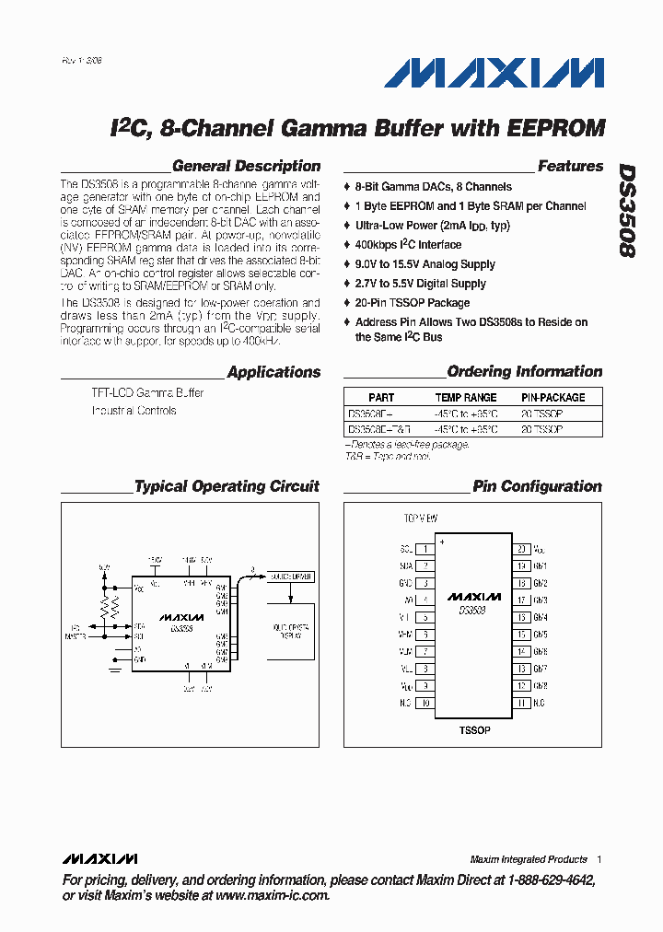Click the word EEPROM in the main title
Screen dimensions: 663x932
coord(555,127)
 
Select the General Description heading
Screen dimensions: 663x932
coord(246,167)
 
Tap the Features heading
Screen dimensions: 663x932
coord(570,167)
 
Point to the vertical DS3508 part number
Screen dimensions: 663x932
coord(626,211)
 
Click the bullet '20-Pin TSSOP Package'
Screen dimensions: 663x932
coord(413,303)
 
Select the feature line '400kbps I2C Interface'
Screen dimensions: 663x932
coord(408,245)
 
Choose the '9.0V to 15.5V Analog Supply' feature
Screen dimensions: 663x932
coord(425,264)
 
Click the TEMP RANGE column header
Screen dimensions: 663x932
coord(465,398)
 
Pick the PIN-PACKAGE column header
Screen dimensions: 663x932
coord(552,398)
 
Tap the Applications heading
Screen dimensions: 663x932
coord(273,373)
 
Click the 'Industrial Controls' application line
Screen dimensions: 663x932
coord(134,411)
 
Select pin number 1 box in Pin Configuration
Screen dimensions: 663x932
coord(425,549)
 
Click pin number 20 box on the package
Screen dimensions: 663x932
coord(521,549)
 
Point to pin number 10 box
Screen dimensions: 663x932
coord(425,704)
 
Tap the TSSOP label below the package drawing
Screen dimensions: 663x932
coord(474,730)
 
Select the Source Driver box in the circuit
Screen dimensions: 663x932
coord(289,577)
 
